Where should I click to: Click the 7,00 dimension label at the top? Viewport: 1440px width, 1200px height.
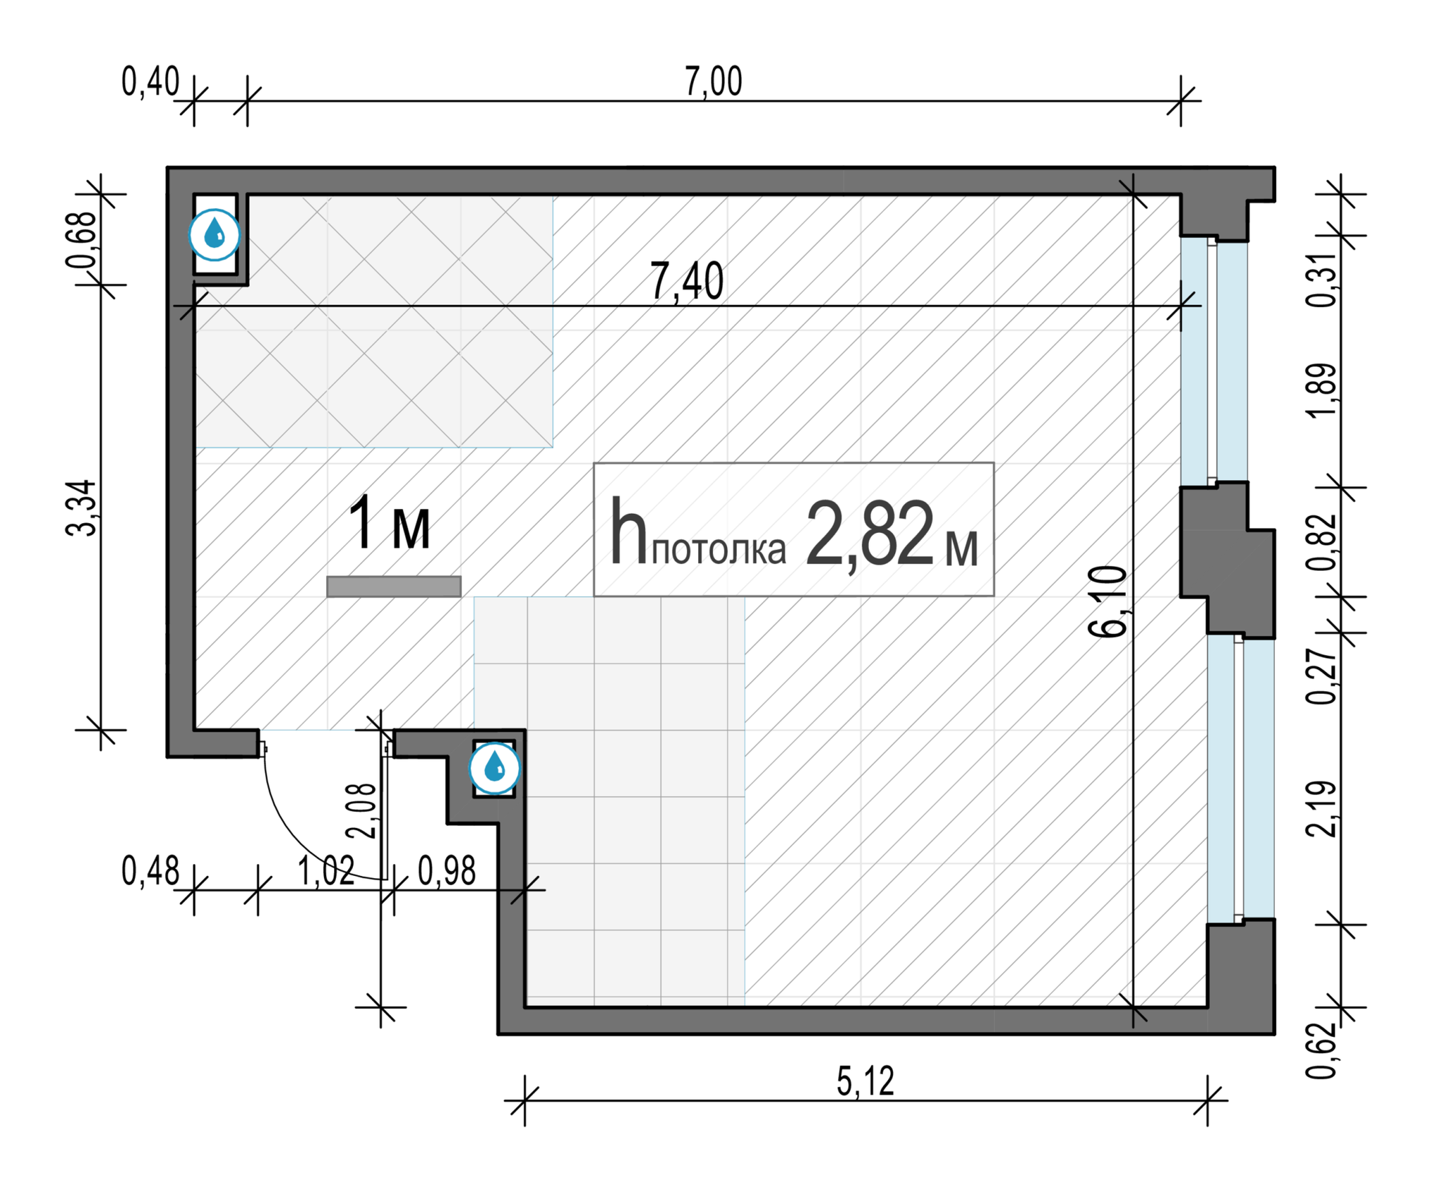pyautogui.click(x=713, y=82)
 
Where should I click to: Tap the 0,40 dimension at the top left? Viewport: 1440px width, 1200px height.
pyautogui.click(x=150, y=82)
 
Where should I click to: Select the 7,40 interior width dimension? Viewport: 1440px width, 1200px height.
pyautogui.click(x=686, y=281)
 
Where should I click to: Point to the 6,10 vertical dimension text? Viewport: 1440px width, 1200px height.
pyautogui.click(x=1108, y=601)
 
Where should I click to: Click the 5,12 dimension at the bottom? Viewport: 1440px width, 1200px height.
pyautogui.click(x=866, y=1081)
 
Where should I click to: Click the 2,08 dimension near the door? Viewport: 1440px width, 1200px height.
pyautogui.click(x=362, y=811)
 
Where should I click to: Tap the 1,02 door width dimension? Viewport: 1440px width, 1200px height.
pyautogui.click(x=326, y=872)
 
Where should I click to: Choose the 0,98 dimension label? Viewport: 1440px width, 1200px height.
pyautogui.click(x=447, y=872)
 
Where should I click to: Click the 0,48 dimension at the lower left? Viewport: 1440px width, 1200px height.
pyautogui.click(x=150, y=872)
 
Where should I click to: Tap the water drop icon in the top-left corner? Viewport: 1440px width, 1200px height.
pyautogui.click(x=214, y=235)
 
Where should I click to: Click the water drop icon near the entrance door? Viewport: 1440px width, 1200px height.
pyautogui.click(x=495, y=768)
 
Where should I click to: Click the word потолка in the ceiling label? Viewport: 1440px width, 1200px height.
pyautogui.click(x=719, y=550)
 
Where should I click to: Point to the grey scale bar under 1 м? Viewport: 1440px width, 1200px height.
pyautogui.click(x=394, y=586)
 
